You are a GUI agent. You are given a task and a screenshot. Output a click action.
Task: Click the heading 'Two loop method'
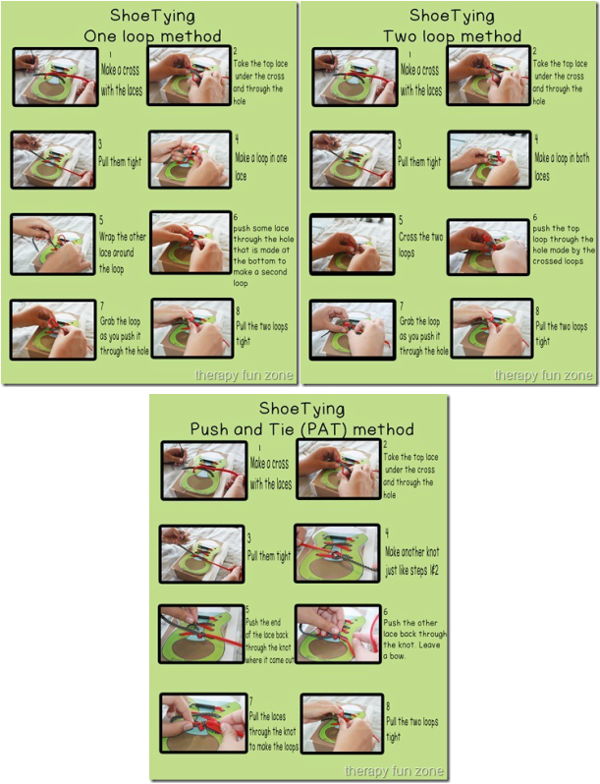tap(452, 36)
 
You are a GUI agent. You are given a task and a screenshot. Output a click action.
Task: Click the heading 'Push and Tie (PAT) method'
tap(302, 429)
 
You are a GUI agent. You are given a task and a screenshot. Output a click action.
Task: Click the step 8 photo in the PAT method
tap(341, 724)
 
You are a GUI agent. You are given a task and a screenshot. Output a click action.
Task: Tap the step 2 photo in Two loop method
tap(488, 76)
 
